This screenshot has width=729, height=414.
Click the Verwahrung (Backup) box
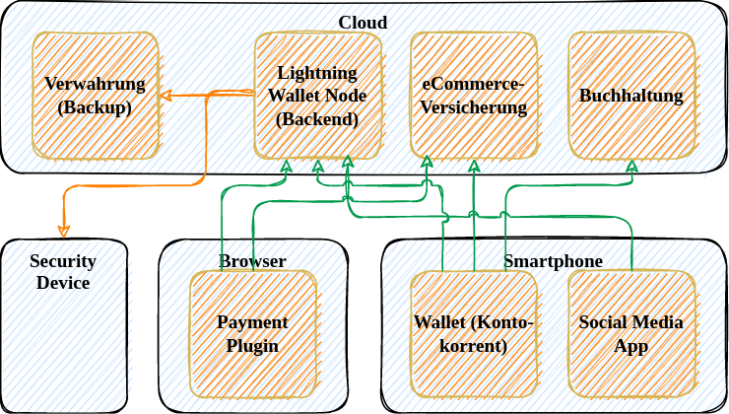[x=96, y=96]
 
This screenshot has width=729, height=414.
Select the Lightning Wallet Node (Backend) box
[x=318, y=96]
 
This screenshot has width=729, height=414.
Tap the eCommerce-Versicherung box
[x=474, y=96]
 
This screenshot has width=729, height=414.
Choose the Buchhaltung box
[x=631, y=96]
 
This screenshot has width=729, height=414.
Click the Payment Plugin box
[x=253, y=334]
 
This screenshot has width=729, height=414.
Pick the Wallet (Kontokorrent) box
[x=474, y=334]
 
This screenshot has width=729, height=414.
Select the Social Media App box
[x=631, y=334]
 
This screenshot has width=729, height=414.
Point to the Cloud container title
[x=363, y=23]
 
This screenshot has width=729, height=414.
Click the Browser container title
[x=252, y=261]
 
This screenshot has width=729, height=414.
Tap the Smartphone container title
[x=553, y=261]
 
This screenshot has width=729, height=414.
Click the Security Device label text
[x=63, y=272]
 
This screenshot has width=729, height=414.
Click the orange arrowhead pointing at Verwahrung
[x=166, y=96]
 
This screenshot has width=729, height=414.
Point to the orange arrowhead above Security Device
[x=64, y=232]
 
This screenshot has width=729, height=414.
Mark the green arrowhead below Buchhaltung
[x=631, y=166]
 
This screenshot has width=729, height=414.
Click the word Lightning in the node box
[x=318, y=73]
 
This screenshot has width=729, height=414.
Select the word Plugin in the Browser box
[x=253, y=346]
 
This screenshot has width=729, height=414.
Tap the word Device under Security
[x=63, y=284]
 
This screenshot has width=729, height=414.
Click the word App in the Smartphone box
[x=631, y=346]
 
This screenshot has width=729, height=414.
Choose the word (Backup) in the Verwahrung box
[x=96, y=107]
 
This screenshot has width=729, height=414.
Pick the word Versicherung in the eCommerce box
[x=474, y=107]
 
